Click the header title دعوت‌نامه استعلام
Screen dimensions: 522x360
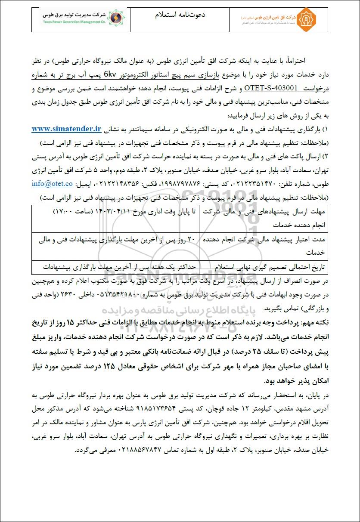coord(180,15)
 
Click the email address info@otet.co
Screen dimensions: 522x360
coord(53,183)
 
